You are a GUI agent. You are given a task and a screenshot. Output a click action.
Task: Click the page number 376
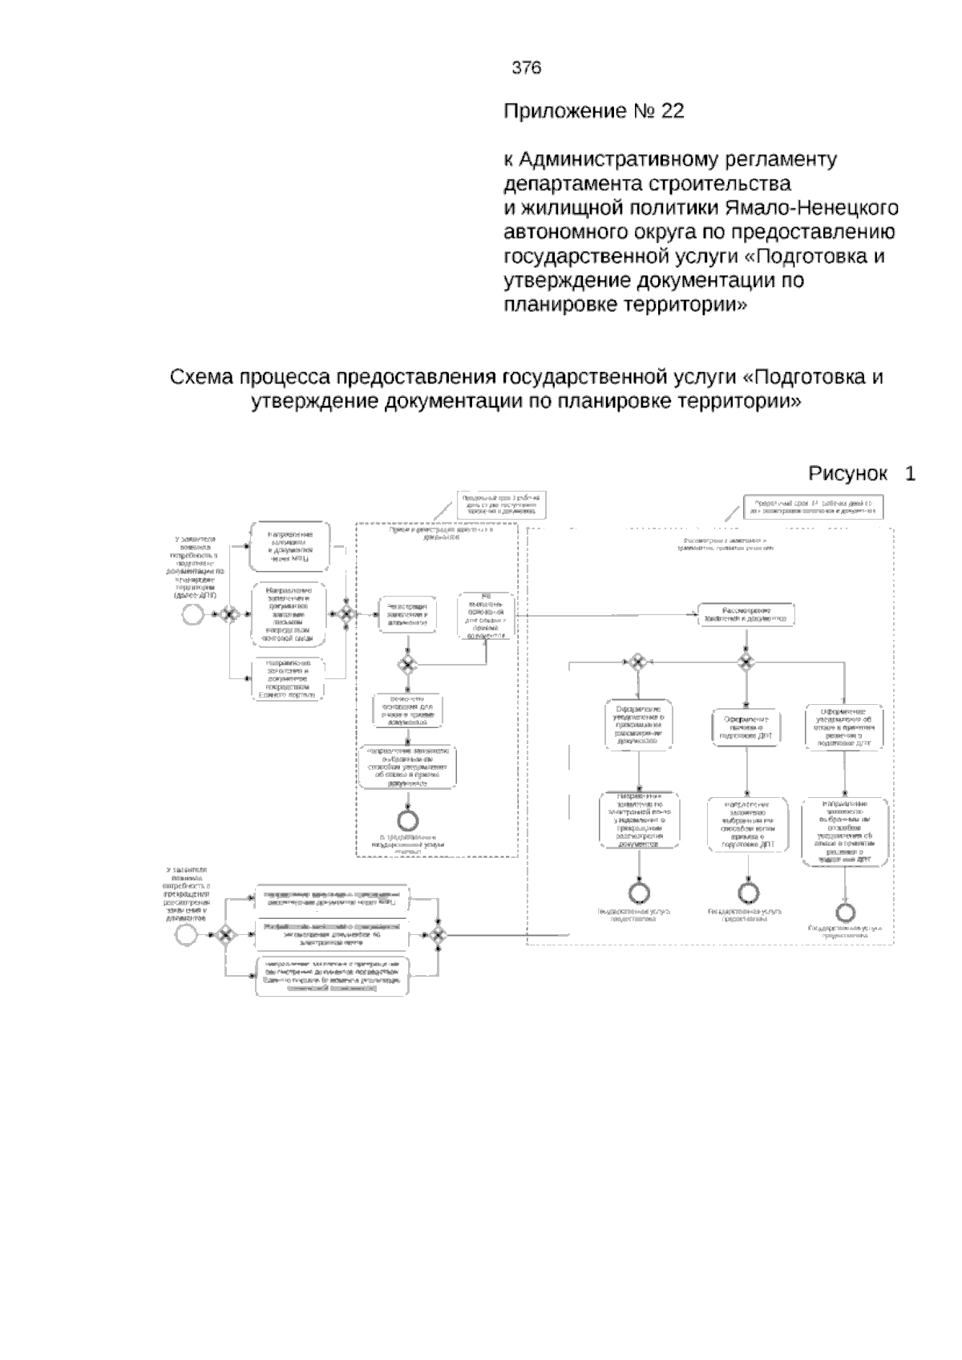click(527, 68)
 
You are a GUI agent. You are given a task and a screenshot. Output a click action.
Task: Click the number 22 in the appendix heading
click(673, 111)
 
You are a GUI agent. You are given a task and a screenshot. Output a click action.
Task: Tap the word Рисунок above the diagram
click(847, 474)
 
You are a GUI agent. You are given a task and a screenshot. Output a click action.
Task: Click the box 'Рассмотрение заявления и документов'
click(746, 613)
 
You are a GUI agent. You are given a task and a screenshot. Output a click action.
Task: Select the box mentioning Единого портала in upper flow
click(289, 678)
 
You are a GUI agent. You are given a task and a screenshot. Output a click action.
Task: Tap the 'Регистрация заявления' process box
click(407, 614)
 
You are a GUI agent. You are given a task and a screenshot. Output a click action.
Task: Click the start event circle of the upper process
click(192, 614)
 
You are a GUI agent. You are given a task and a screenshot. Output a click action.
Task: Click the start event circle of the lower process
click(187, 934)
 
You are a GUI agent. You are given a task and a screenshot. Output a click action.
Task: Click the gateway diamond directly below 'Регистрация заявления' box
click(407, 663)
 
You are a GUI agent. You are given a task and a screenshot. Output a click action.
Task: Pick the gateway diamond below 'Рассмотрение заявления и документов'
click(746, 662)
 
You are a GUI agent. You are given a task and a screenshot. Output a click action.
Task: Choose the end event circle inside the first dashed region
click(408, 819)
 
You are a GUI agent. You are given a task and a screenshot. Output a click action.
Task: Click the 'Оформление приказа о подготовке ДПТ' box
click(745, 727)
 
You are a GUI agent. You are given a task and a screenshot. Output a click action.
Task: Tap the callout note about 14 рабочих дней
click(811, 507)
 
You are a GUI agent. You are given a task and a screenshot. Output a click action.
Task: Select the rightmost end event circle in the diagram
click(845, 913)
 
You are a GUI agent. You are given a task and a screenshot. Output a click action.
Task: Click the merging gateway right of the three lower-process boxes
click(437, 934)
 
